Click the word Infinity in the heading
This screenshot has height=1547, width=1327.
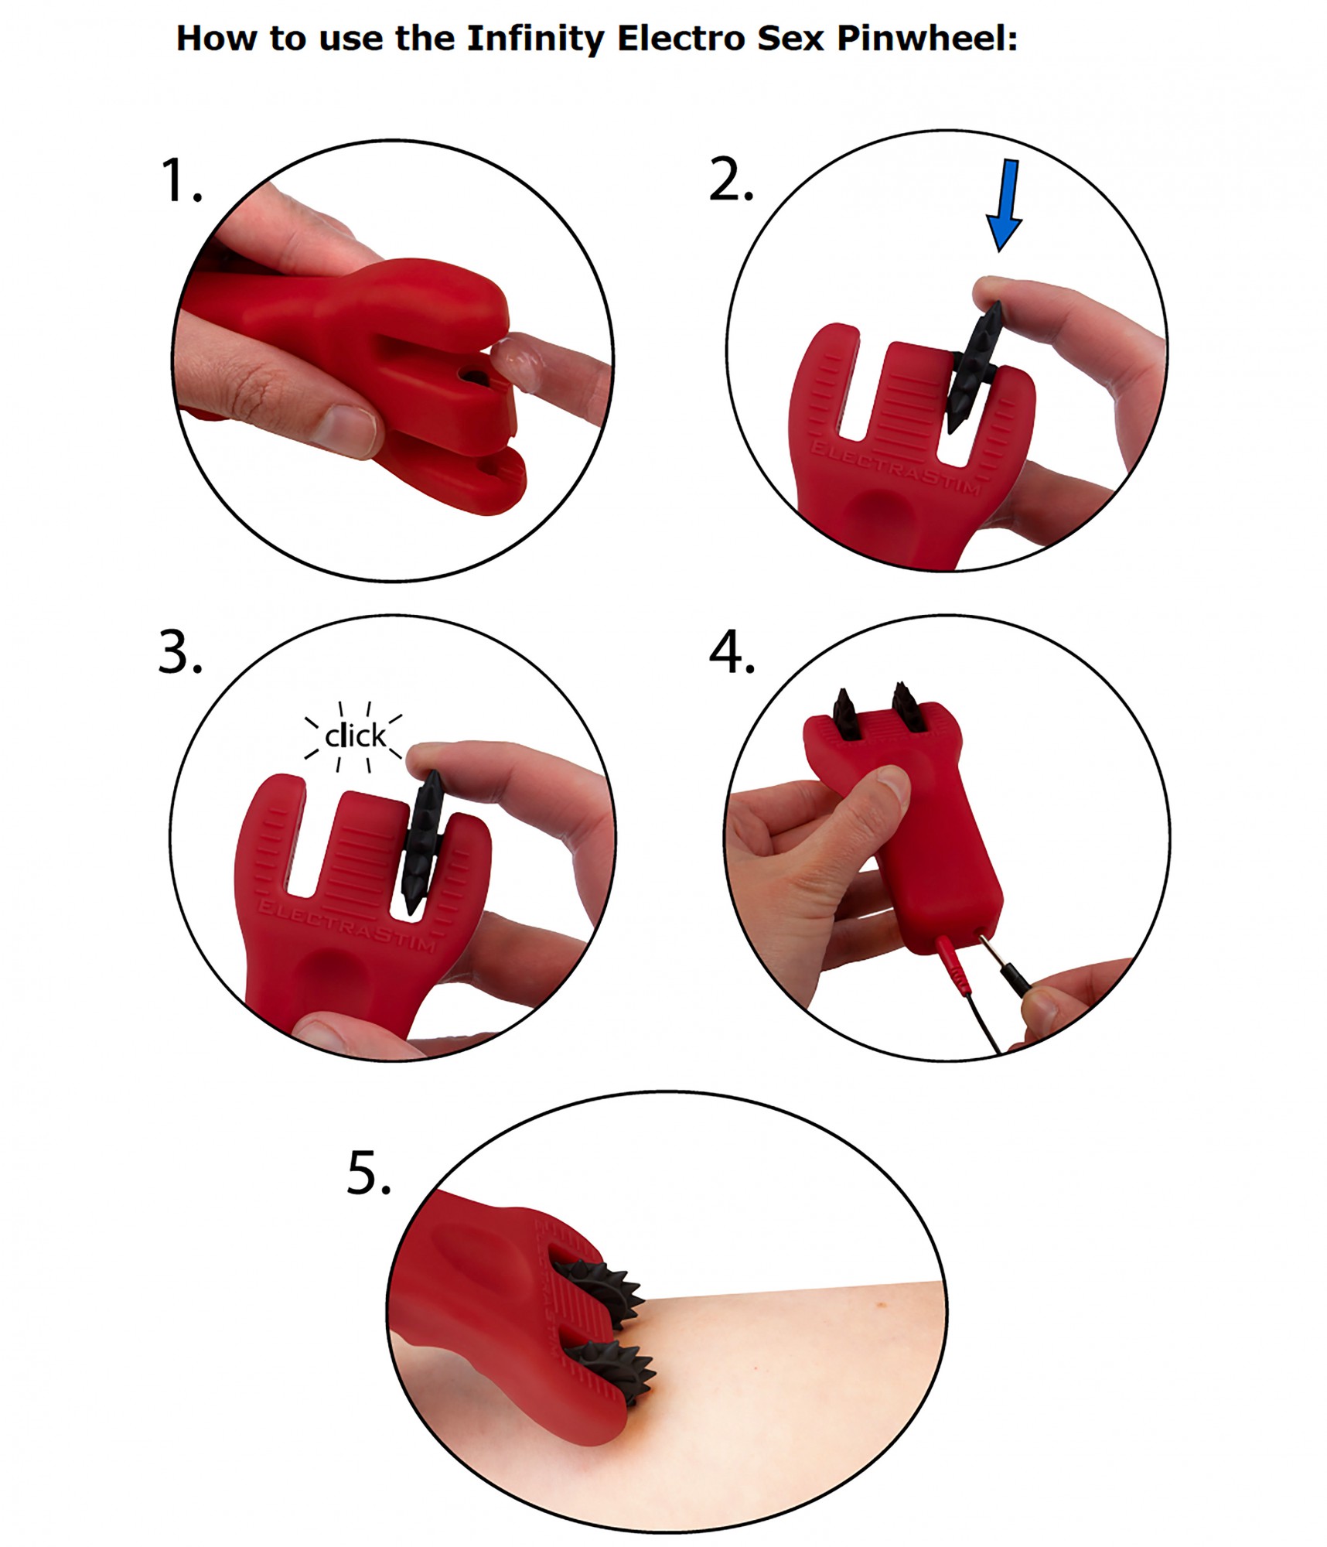535,39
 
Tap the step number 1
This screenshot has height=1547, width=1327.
181,181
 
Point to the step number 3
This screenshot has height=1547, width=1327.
180,652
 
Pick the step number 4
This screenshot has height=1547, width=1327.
732,652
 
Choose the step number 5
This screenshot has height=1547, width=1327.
368,1173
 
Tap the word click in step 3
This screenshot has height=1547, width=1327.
355,736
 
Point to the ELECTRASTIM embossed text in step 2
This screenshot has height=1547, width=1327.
895,468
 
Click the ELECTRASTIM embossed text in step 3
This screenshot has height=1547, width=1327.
346,925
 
